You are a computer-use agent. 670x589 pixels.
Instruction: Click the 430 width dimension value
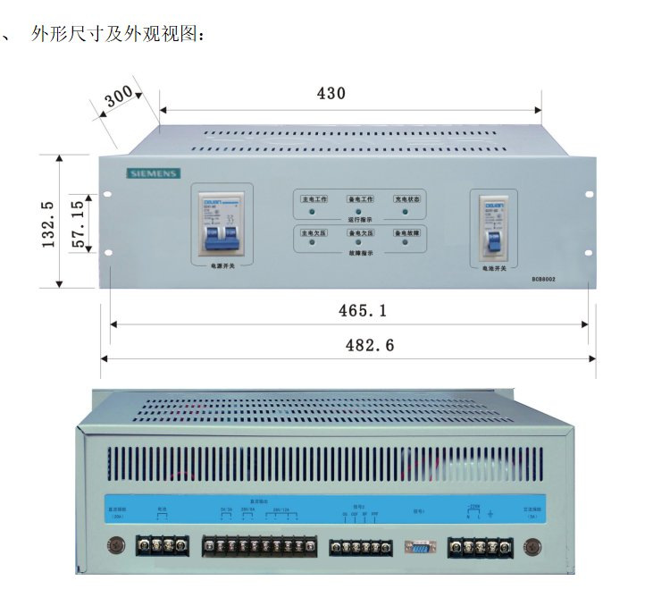pos(331,93)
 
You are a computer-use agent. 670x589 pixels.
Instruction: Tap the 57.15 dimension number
pos(78,223)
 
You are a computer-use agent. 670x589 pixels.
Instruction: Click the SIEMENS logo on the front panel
pos(153,173)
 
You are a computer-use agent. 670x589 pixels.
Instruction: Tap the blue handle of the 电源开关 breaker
pos(222,238)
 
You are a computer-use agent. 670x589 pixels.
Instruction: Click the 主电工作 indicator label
pos(313,198)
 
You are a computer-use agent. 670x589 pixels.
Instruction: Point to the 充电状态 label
pos(406,198)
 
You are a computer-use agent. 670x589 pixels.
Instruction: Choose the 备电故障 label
pos(406,232)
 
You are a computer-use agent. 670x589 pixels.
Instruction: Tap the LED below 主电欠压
pos(313,244)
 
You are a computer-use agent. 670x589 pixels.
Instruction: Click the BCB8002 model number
pos(543,279)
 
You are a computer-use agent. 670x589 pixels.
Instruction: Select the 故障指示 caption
pos(359,254)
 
